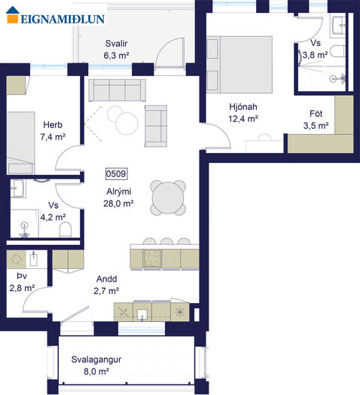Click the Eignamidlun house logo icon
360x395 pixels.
13,15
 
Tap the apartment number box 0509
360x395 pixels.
116,174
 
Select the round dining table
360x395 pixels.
168,197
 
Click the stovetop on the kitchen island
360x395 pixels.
153,259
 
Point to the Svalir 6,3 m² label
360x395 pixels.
116,49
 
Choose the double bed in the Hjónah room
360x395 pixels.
239,65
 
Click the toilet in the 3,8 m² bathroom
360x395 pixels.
337,51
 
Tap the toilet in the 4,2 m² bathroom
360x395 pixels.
66,229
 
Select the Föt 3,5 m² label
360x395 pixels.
316,119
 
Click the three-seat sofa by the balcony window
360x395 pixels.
117,90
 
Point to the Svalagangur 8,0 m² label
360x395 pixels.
96,366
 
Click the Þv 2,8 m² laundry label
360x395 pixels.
22,282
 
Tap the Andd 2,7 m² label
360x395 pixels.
106,285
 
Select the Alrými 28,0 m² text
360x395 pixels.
118,197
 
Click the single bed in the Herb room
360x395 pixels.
20,142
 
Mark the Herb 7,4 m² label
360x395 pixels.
53,130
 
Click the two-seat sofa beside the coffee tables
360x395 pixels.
156,126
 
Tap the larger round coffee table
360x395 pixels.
127,124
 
